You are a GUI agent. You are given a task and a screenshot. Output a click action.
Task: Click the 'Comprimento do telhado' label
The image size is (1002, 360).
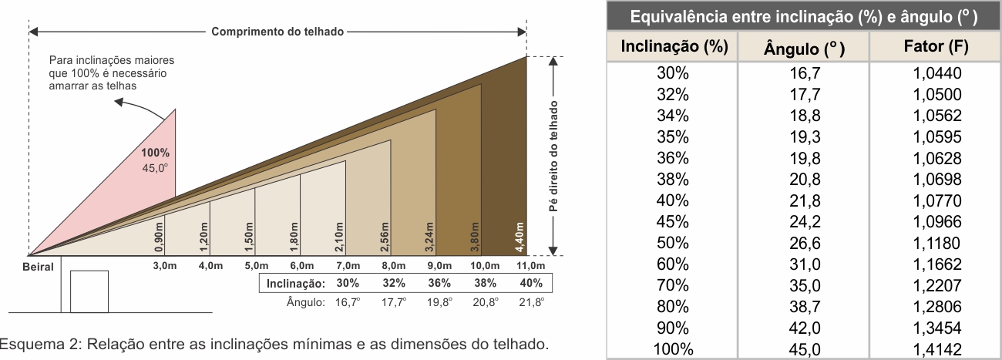(x=277, y=32)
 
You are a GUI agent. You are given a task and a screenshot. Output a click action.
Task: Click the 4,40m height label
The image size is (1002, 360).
(x=520, y=238)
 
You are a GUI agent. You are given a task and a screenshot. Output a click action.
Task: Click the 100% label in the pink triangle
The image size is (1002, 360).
(x=155, y=153)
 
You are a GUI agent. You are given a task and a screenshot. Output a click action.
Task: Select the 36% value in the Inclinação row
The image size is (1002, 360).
(x=439, y=284)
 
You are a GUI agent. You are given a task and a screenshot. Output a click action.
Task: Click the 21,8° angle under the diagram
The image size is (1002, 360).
(x=532, y=302)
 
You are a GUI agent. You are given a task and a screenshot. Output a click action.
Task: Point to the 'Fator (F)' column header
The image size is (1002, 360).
(x=936, y=47)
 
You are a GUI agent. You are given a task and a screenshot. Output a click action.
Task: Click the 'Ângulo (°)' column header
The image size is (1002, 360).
(x=804, y=49)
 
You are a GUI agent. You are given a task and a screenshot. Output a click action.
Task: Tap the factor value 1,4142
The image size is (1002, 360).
(x=936, y=349)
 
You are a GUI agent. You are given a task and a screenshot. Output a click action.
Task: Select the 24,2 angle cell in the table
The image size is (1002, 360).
(x=804, y=222)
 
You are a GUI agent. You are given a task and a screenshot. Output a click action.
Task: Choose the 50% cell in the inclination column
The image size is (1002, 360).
(x=673, y=244)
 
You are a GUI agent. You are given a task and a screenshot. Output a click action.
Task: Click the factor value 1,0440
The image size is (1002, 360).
(x=936, y=74)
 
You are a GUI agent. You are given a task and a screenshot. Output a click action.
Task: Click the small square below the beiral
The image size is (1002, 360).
(x=89, y=291)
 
